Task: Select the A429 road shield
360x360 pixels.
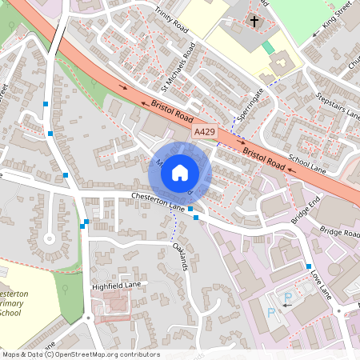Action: coord(204,130)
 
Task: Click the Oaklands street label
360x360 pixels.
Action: coord(180,255)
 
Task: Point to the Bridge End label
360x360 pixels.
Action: coord(306,210)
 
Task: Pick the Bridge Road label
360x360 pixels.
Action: coord(340,232)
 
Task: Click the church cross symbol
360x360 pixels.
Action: coord(255,22)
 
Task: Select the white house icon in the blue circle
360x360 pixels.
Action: coord(180,171)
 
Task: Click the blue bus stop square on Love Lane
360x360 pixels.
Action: coord(309,266)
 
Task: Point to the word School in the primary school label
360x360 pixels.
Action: coord(10,312)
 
